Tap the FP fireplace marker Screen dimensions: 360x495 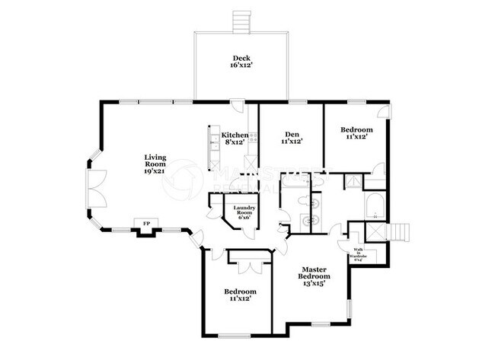click(145, 223)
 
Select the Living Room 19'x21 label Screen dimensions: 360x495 click(155, 165)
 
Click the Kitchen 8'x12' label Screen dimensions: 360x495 click(235, 139)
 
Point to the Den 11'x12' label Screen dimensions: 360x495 click(292, 137)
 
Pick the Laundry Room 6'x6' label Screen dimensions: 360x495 click(244, 212)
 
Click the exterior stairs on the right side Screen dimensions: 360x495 click(400, 231)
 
